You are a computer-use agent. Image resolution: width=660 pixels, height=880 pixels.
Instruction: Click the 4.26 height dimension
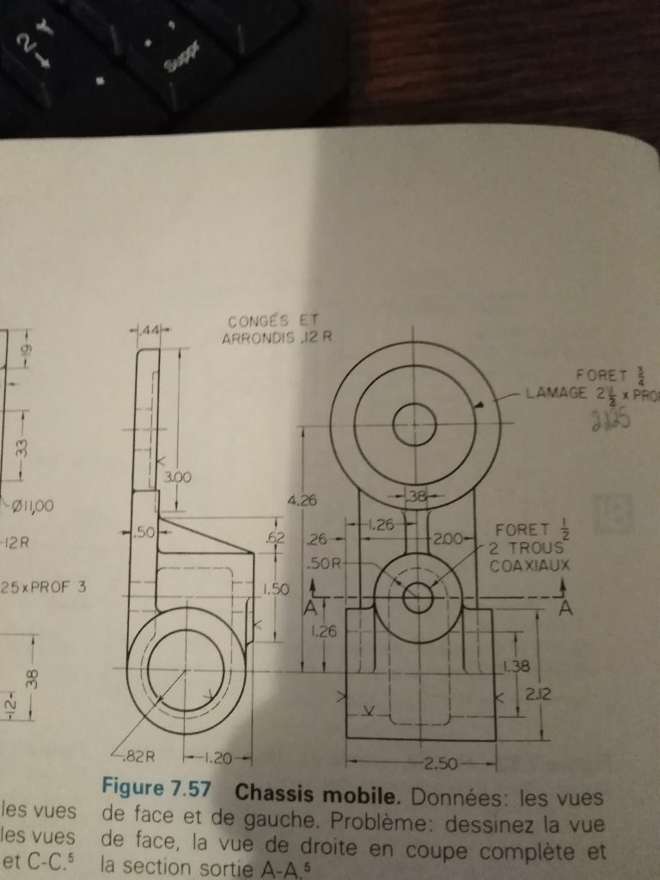(x=299, y=498)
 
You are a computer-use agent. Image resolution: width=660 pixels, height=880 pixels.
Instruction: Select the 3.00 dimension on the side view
(x=176, y=476)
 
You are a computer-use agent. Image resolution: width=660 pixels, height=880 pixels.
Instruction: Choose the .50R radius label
(x=323, y=564)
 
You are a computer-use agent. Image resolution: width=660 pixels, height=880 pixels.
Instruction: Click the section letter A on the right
(x=565, y=608)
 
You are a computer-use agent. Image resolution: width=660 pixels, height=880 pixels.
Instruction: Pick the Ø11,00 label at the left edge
(x=29, y=505)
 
